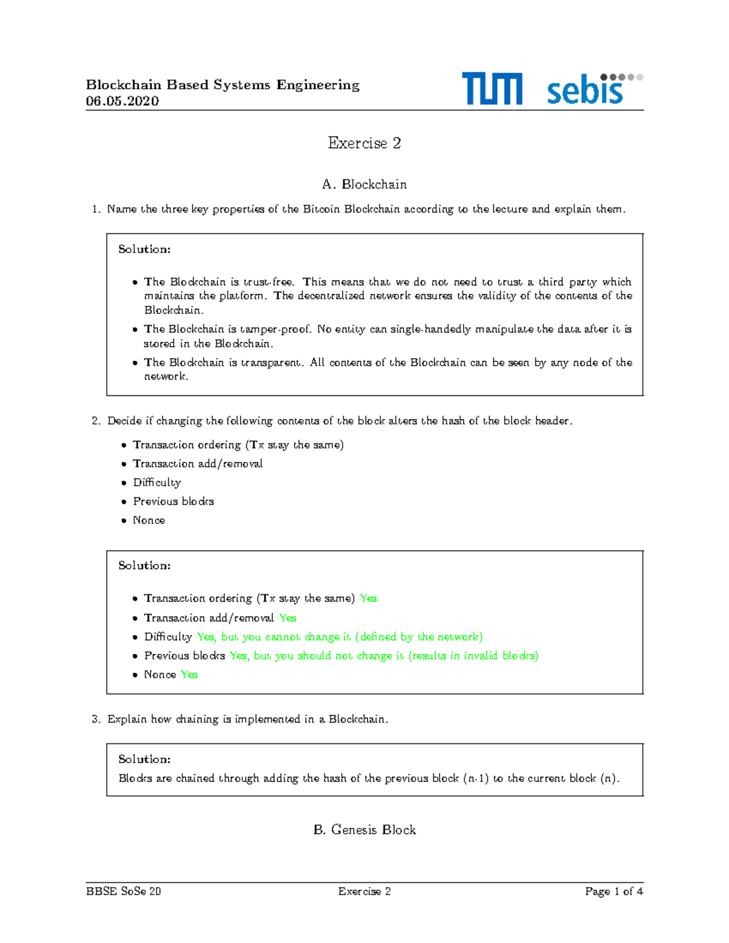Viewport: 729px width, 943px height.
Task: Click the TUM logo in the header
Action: tap(491, 89)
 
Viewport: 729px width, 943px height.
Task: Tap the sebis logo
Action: tap(594, 89)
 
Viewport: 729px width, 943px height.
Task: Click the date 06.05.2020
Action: tap(122, 101)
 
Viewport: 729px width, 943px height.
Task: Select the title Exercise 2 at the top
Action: tap(364, 143)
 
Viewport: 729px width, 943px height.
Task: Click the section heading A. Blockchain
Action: tap(364, 185)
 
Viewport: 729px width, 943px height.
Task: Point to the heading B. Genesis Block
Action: tap(364, 830)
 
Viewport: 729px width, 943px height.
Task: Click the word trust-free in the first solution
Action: tap(269, 282)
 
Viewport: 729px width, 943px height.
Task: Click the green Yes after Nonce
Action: tap(189, 675)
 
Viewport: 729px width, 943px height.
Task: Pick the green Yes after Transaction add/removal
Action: tap(287, 618)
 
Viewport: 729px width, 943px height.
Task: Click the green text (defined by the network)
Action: tap(419, 637)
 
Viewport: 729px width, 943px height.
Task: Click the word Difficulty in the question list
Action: tap(157, 483)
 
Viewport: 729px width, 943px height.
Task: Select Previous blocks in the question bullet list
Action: tap(173, 502)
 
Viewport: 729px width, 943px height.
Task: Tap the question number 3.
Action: tap(96, 720)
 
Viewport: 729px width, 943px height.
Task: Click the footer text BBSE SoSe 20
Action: tap(123, 891)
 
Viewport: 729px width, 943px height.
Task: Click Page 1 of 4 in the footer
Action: tap(614, 891)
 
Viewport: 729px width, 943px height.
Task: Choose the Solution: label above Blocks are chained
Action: tap(144, 759)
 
